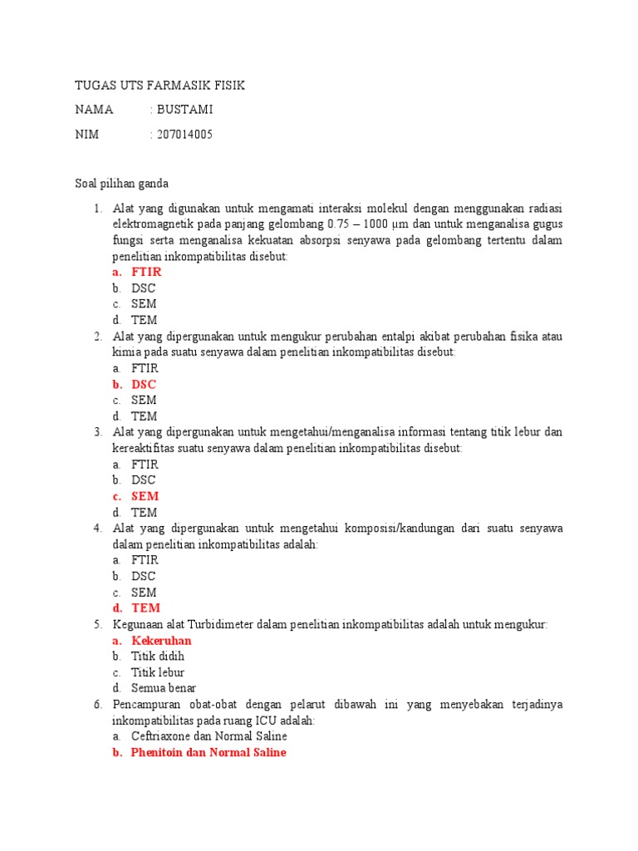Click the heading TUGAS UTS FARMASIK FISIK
[159, 86]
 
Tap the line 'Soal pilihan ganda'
[122, 184]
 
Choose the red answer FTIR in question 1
[146, 272]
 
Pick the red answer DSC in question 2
[144, 385]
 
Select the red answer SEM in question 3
[145, 497]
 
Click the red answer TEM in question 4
[145, 608]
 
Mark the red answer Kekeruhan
[161, 641]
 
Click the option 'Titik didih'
[158, 657]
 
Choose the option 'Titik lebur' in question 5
[158, 672]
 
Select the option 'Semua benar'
[164, 688]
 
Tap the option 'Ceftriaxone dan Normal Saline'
[209, 736]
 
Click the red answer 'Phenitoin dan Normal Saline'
[209, 752]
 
